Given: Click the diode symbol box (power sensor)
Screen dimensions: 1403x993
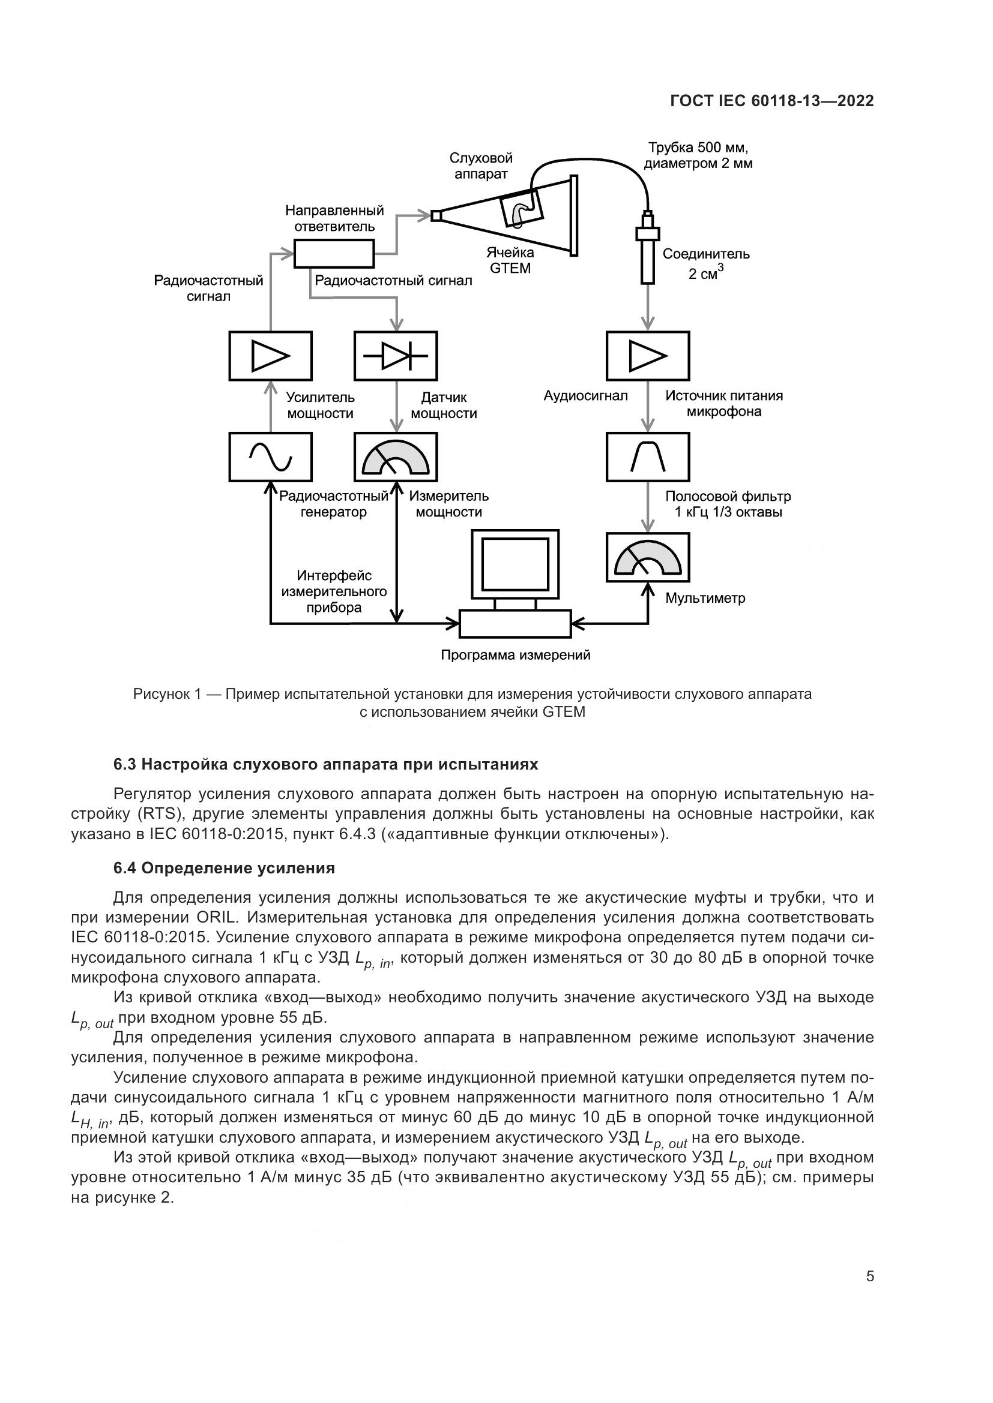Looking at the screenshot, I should click(x=396, y=356).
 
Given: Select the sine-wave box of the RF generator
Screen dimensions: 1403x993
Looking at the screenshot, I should click(x=270, y=456).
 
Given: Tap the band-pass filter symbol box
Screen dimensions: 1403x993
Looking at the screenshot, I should click(x=648, y=456).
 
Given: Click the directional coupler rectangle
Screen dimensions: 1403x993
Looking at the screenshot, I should click(x=334, y=254).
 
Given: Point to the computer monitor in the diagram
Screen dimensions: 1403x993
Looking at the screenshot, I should click(x=515, y=564).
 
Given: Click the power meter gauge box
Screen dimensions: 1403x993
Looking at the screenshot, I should click(x=396, y=456).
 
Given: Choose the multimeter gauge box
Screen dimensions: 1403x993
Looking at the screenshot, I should click(x=648, y=557).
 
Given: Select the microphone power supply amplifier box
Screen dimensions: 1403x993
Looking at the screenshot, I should click(x=648, y=356).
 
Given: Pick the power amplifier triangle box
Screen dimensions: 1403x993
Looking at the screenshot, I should click(x=270, y=356).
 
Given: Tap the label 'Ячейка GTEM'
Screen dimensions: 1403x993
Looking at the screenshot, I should click(x=510, y=260).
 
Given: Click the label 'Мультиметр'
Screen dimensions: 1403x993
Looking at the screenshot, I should click(x=705, y=598).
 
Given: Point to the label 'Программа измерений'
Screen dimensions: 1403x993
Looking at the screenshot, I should click(x=516, y=655).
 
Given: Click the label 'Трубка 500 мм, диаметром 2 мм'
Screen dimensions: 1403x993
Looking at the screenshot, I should click(x=698, y=156).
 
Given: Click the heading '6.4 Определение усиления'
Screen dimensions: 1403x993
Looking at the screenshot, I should click(x=224, y=869).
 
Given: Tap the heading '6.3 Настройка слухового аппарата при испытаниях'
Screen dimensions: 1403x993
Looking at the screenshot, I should click(x=325, y=764).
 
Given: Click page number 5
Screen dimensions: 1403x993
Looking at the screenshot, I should click(x=870, y=1276).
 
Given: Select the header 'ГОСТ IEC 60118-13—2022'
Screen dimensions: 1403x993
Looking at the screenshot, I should click(x=771, y=101).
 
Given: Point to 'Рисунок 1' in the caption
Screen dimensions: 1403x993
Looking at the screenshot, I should click(x=167, y=694).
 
